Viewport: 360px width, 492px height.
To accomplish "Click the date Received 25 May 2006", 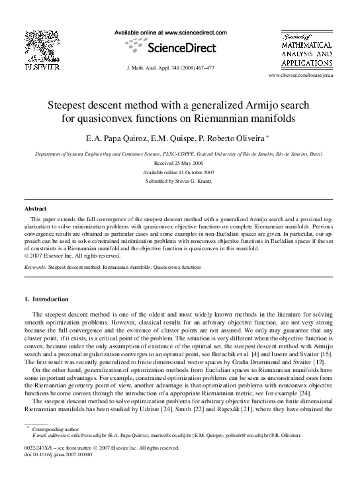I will (179, 162).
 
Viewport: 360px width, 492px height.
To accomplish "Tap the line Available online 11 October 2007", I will (179, 172).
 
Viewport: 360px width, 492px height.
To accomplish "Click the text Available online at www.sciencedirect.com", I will (171, 32).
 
